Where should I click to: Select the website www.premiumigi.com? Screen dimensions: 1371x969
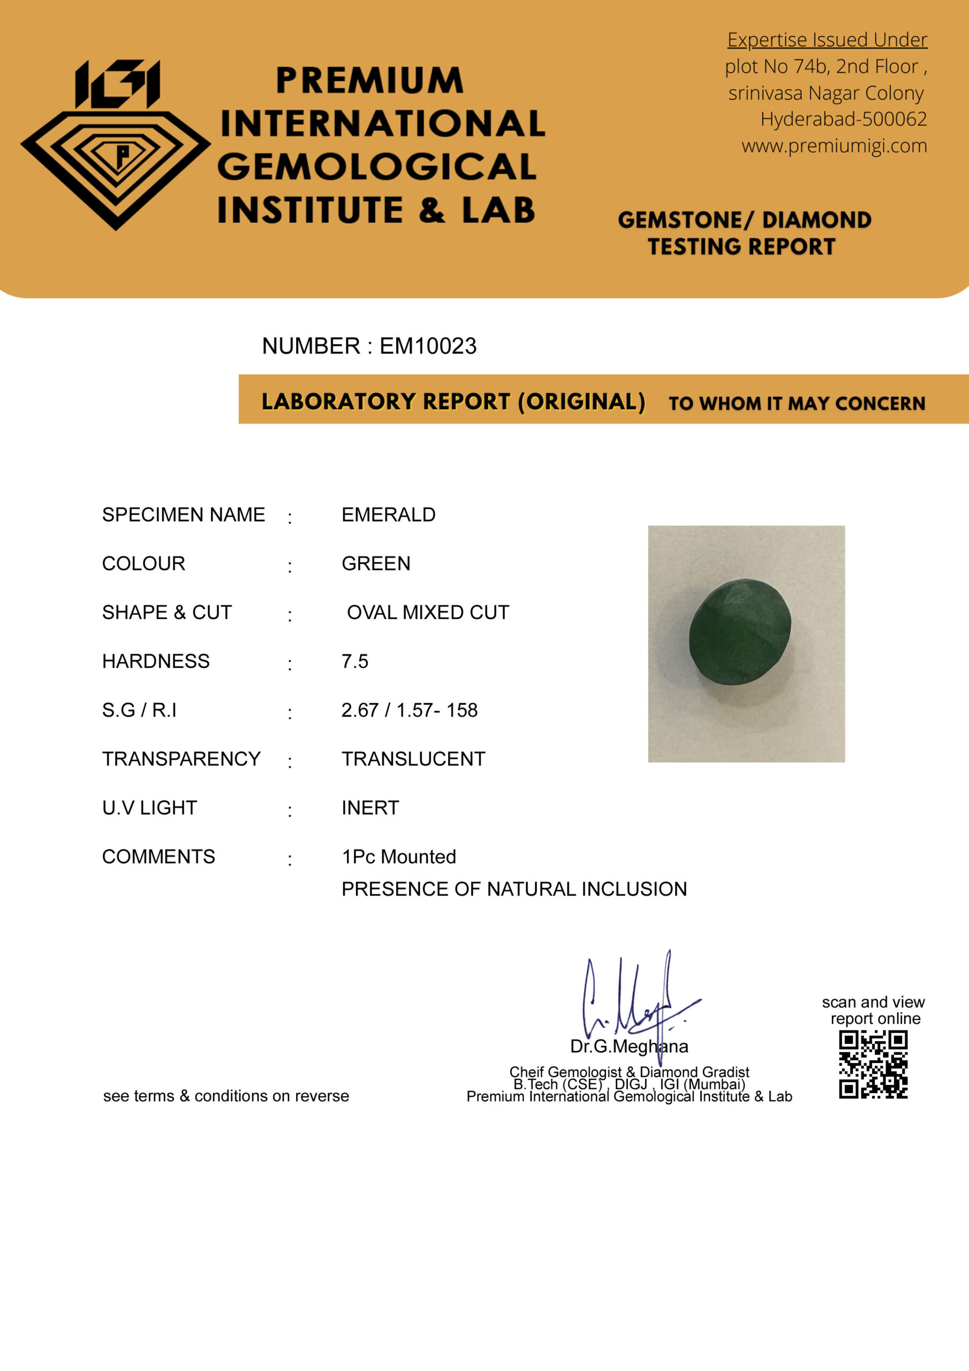click(x=834, y=146)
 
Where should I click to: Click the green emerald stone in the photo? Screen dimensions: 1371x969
click(x=740, y=632)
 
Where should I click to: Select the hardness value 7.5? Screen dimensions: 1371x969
click(x=354, y=661)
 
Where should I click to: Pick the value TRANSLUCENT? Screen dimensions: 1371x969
click(x=413, y=759)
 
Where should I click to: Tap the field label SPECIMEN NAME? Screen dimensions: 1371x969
click(x=183, y=515)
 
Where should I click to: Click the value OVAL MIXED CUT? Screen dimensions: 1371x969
click(x=427, y=613)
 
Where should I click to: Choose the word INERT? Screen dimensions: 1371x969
click(x=370, y=808)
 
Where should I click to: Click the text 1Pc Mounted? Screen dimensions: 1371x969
click(x=399, y=857)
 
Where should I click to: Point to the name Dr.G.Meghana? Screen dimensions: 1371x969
click(x=629, y=1046)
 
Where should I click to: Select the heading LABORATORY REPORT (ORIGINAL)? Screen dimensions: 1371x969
click(x=453, y=402)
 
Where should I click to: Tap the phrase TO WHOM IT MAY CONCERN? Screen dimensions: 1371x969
click(x=797, y=404)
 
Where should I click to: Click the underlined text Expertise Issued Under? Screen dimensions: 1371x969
click(x=827, y=40)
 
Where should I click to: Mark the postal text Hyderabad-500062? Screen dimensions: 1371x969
click(x=843, y=119)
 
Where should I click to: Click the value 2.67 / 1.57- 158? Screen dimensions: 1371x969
click(x=410, y=711)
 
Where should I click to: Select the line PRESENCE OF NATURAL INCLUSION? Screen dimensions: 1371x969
click(x=514, y=889)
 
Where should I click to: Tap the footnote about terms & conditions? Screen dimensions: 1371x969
click(x=226, y=1096)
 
